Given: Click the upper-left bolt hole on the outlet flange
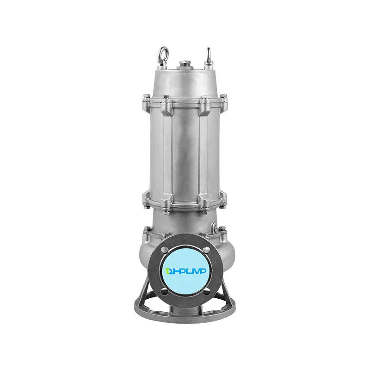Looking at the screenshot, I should (166, 250).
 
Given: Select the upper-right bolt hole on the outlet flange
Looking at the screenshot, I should (206, 250).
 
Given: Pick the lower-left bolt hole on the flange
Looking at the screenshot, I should (166, 291).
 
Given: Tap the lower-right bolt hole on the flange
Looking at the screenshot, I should (206, 291).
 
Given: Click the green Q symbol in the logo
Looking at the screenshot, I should (169, 271).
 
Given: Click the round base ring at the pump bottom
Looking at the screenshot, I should (186, 318).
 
